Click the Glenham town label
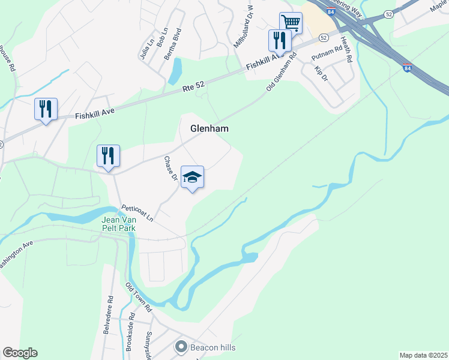(x=209, y=128)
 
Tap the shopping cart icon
(x=291, y=23)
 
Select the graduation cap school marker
(x=192, y=177)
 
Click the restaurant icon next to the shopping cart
(x=280, y=40)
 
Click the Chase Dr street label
(x=170, y=168)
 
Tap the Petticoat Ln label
(x=137, y=213)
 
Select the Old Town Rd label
(x=139, y=298)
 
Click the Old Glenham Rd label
(x=282, y=73)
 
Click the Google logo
(x=20, y=353)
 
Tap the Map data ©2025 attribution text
(x=423, y=355)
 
